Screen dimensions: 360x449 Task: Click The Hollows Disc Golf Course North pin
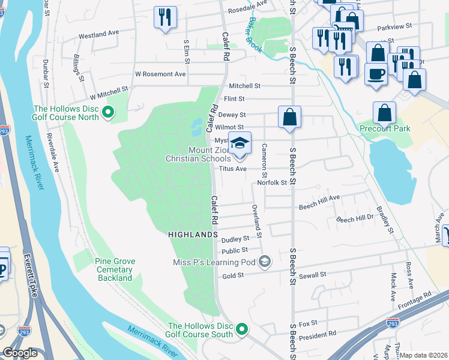(108, 112)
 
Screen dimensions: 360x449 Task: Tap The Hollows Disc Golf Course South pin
(242, 329)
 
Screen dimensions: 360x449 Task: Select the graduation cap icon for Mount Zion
(240, 144)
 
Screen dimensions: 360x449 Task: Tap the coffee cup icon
(376, 74)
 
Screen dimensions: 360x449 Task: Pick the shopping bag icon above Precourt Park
(384, 113)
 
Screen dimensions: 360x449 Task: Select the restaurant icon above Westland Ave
(164, 17)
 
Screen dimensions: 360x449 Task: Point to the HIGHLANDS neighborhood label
(192, 234)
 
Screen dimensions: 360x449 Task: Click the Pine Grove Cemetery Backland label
(115, 270)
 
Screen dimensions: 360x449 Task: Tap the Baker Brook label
(253, 35)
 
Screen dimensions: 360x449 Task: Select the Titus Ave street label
(233, 169)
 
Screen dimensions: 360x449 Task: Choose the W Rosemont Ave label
(160, 74)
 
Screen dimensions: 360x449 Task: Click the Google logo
(20, 353)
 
